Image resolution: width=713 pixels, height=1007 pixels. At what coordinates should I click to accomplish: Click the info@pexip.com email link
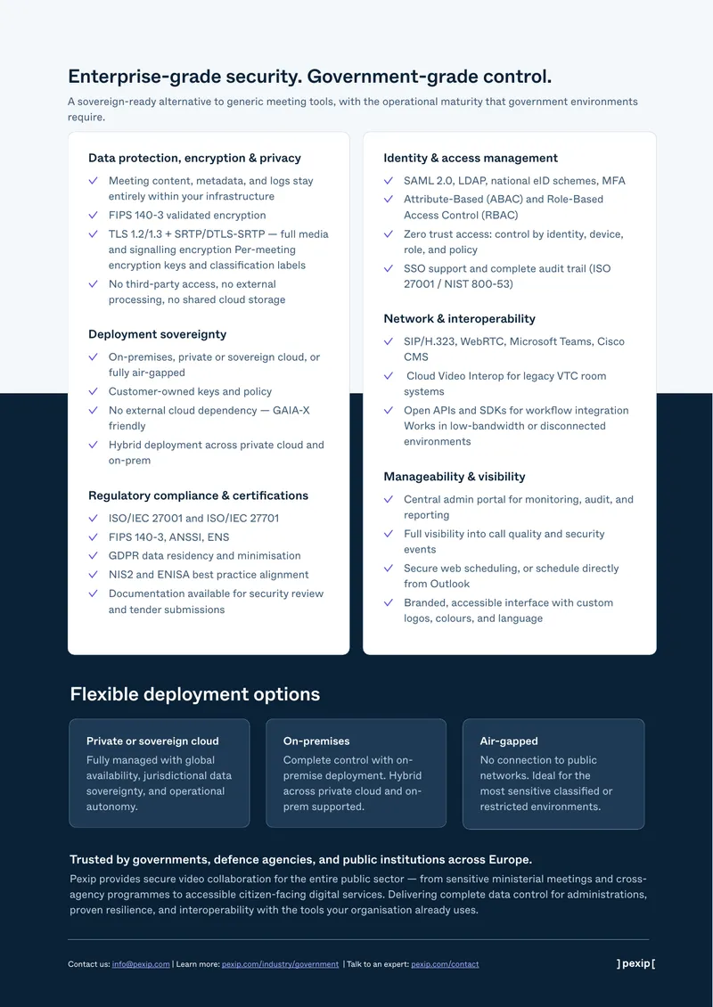pyautogui.click(x=141, y=964)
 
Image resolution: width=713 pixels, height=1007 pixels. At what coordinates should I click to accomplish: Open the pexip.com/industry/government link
pyautogui.click(x=280, y=964)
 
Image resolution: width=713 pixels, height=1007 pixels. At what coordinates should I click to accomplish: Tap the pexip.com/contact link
pyautogui.click(x=445, y=964)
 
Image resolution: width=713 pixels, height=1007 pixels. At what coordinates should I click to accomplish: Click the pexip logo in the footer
pyautogui.click(x=635, y=963)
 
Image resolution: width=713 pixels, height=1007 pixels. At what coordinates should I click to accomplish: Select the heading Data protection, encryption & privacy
pyautogui.click(x=194, y=158)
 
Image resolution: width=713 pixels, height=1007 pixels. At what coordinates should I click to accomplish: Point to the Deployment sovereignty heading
pyautogui.click(x=158, y=334)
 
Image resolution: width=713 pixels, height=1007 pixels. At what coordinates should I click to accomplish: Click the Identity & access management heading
pyautogui.click(x=471, y=158)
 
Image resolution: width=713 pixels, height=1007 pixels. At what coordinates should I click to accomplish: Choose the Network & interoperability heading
pyautogui.click(x=459, y=318)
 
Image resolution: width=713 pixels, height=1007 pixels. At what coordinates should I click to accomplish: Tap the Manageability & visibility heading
pyautogui.click(x=455, y=477)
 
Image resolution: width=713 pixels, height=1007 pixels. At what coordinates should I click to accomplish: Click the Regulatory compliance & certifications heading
pyautogui.click(x=199, y=495)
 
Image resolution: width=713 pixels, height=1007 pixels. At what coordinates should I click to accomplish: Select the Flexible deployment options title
pyautogui.click(x=194, y=694)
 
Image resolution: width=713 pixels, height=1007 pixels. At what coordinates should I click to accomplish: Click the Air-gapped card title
pyautogui.click(x=509, y=741)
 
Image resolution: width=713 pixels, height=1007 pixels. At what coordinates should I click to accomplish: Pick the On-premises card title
pyautogui.click(x=316, y=741)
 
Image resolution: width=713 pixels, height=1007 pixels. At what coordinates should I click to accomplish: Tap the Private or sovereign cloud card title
pyautogui.click(x=153, y=741)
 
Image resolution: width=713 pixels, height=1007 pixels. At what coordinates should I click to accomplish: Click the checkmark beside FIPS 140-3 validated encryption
pyautogui.click(x=94, y=215)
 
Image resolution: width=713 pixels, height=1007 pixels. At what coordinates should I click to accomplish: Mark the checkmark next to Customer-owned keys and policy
pyautogui.click(x=94, y=391)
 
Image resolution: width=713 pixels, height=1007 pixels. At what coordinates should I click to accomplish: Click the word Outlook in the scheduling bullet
pyautogui.click(x=449, y=584)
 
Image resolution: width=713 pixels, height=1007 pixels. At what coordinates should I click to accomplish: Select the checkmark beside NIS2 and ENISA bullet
pyautogui.click(x=94, y=574)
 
